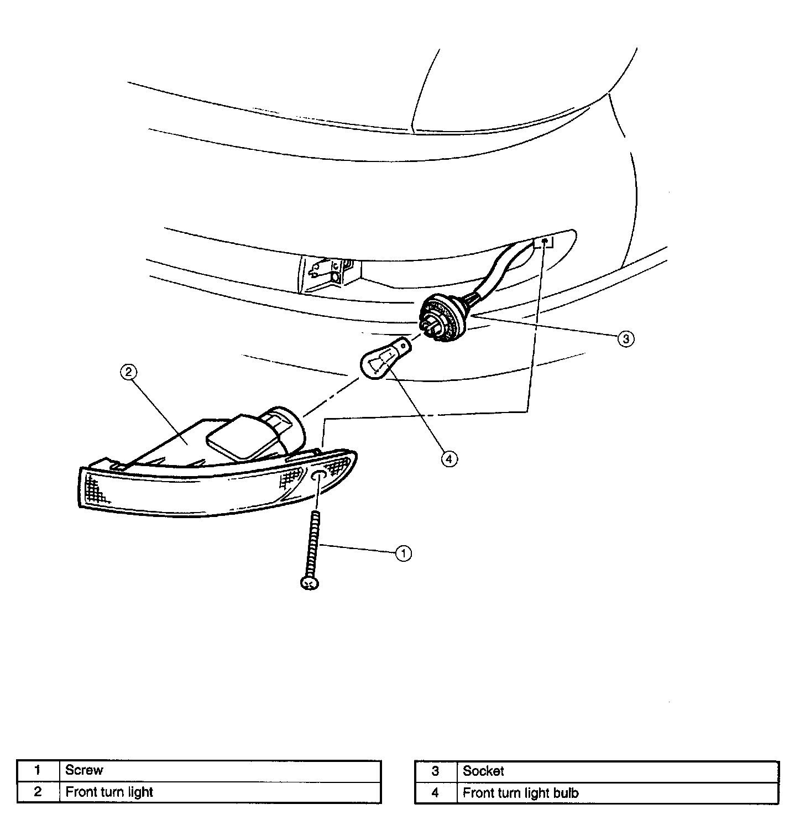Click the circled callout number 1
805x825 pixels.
[x=403, y=553]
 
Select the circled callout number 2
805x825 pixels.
[x=128, y=372]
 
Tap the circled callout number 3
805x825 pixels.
[x=625, y=338]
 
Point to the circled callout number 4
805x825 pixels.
[x=449, y=458]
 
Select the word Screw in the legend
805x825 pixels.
[x=84, y=770]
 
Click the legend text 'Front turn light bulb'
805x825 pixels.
[x=520, y=793]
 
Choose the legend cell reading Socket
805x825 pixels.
[x=483, y=771]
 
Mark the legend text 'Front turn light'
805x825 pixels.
[x=109, y=792]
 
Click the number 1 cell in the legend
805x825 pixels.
[x=38, y=770]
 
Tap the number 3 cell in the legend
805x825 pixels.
[x=435, y=771]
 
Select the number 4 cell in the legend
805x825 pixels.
[x=435, y=793]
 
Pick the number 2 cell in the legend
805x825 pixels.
[x=38, y=792]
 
